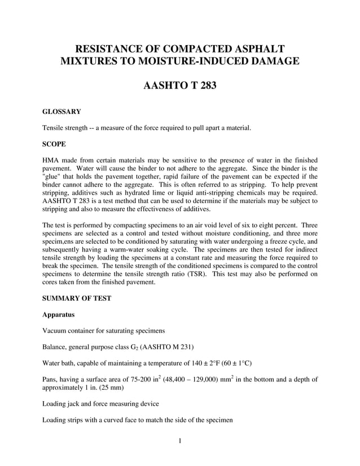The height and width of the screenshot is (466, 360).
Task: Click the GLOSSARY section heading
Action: click(62, 112)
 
